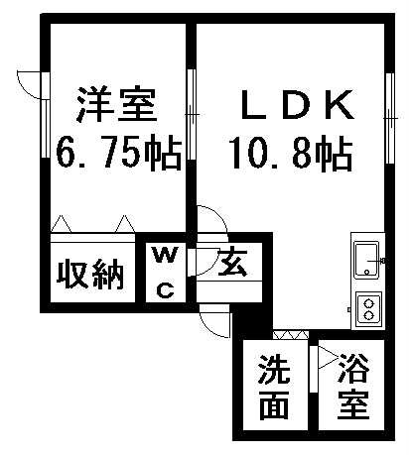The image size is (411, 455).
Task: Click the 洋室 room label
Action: click(x=116, y=104)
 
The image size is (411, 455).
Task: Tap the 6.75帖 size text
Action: click(x=119, y=153)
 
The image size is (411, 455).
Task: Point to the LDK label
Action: click(x=296, y=105)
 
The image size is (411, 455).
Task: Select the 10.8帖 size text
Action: click(x=291, y=153)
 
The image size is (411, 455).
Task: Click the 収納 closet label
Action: click(x=90, y=274)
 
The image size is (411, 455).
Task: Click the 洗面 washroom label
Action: click(x=274, y=388)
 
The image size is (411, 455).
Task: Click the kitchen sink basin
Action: click(x=366, y=261)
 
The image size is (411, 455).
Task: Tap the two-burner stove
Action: click(x=368, y=308)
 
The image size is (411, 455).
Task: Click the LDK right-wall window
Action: click(x=390, y=118)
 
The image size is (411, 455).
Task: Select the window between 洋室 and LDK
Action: click(x=192, y=114)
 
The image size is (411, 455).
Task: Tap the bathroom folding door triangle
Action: click(x=328, y=357)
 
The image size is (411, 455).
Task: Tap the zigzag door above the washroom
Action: click(x=291, y=335)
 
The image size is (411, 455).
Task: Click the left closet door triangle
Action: click(x=62, y=224)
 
